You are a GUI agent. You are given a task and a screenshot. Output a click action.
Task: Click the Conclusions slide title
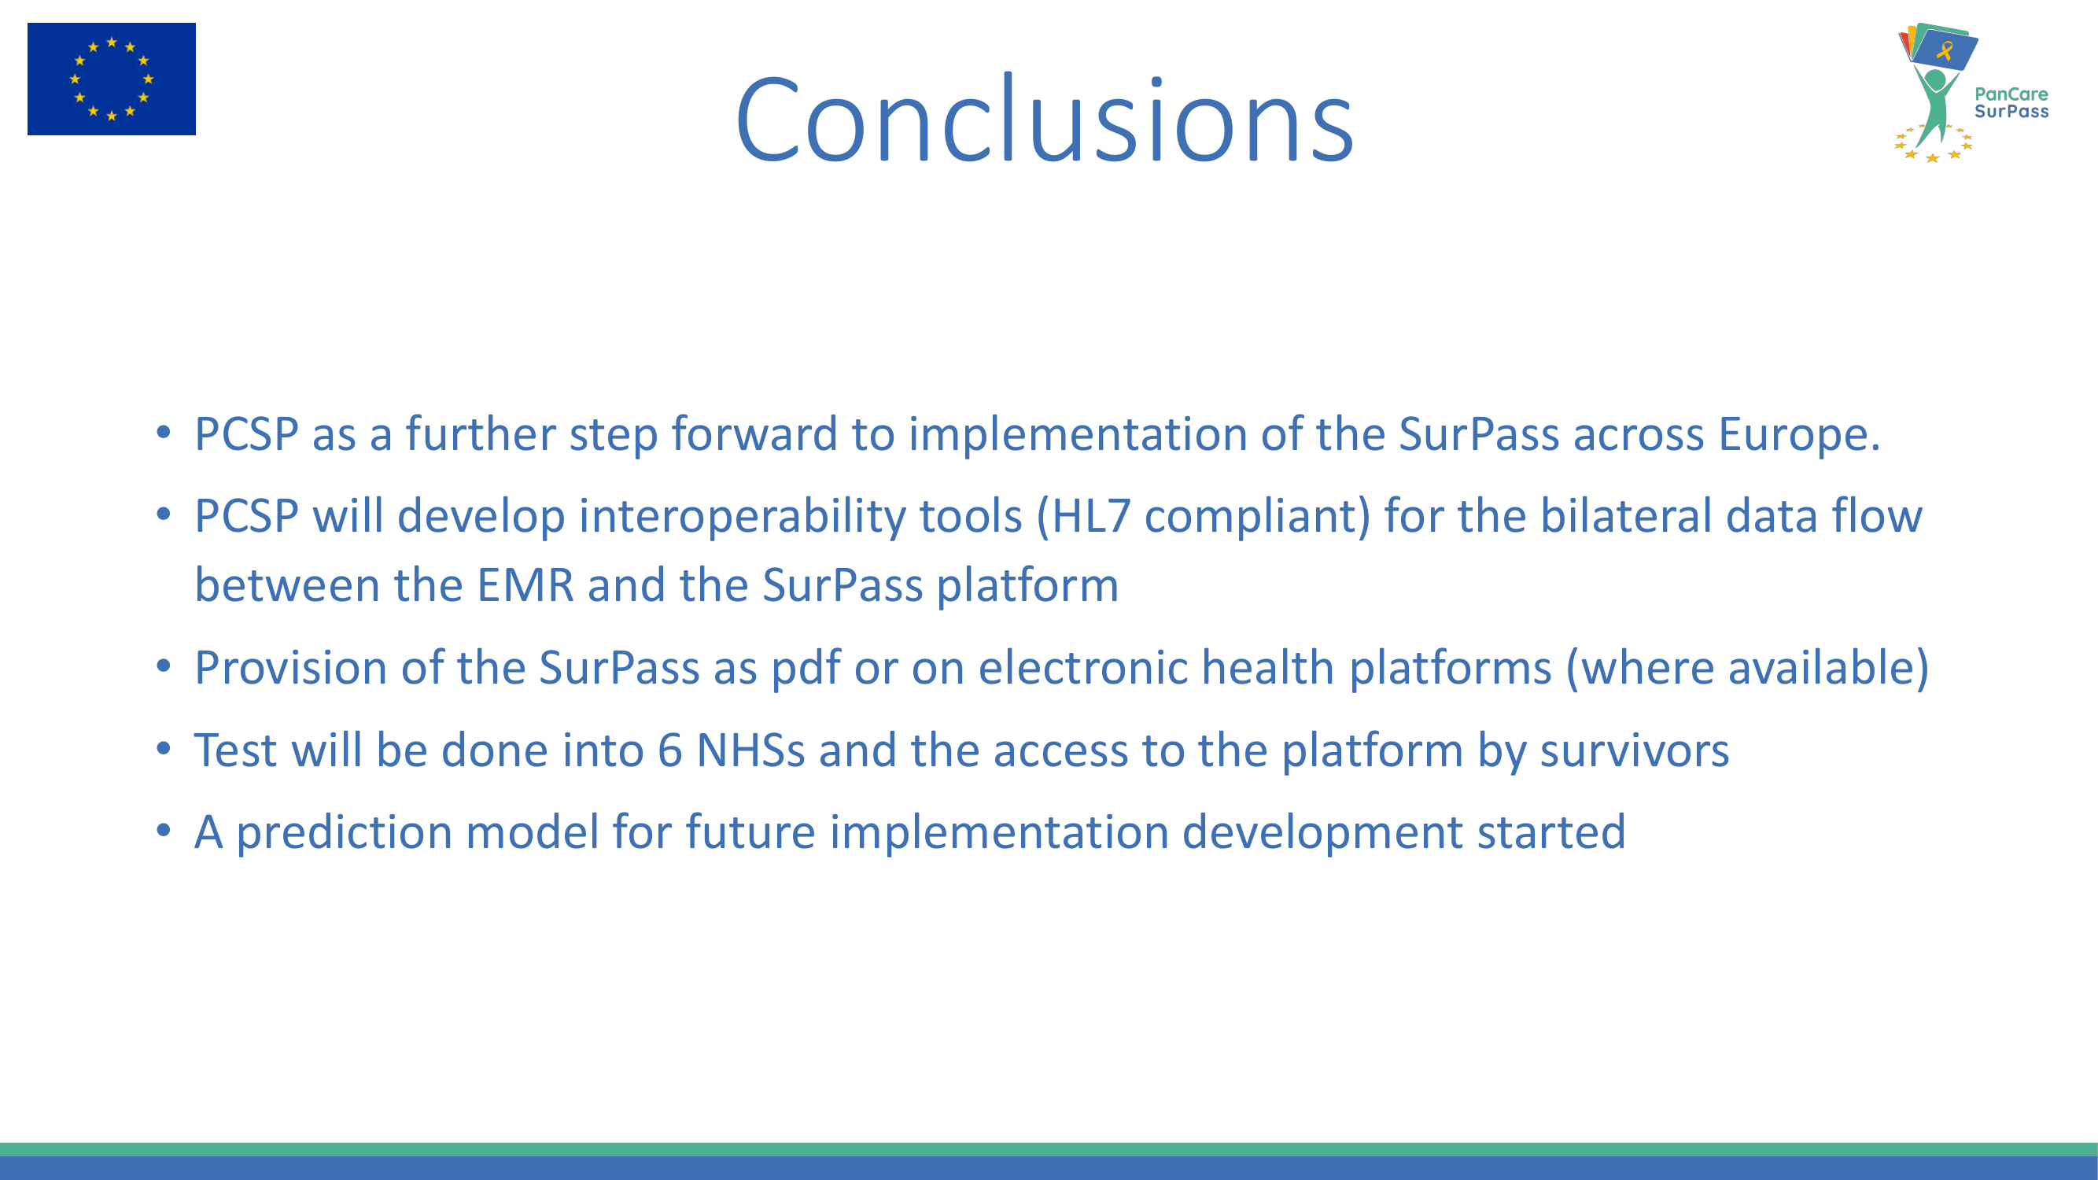(1045, 120)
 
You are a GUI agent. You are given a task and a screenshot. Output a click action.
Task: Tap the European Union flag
(112, 79)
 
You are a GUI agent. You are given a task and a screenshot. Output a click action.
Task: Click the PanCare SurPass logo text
(2011, 102)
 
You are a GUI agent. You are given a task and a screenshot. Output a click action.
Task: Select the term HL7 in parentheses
(1090, 516)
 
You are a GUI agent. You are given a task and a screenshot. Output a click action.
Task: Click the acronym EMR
(525, 585)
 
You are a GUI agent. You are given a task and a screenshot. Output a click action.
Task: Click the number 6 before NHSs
(669, 750)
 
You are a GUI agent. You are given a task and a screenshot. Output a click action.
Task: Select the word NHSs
(751, 750)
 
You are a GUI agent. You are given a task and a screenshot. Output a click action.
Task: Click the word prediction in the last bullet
(344, 833)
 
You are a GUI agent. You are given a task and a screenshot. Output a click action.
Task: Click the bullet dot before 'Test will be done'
(164, 747)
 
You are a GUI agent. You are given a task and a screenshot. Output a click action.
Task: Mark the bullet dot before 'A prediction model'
(164, 830)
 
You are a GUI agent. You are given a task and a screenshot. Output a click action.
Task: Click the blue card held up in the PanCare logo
(1945, 50)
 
